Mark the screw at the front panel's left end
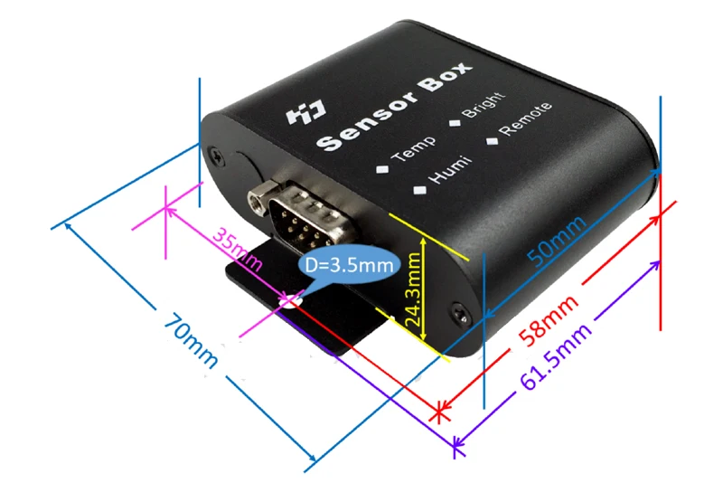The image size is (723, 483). (x=213, y=154)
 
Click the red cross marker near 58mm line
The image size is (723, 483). (x=440, y=413)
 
